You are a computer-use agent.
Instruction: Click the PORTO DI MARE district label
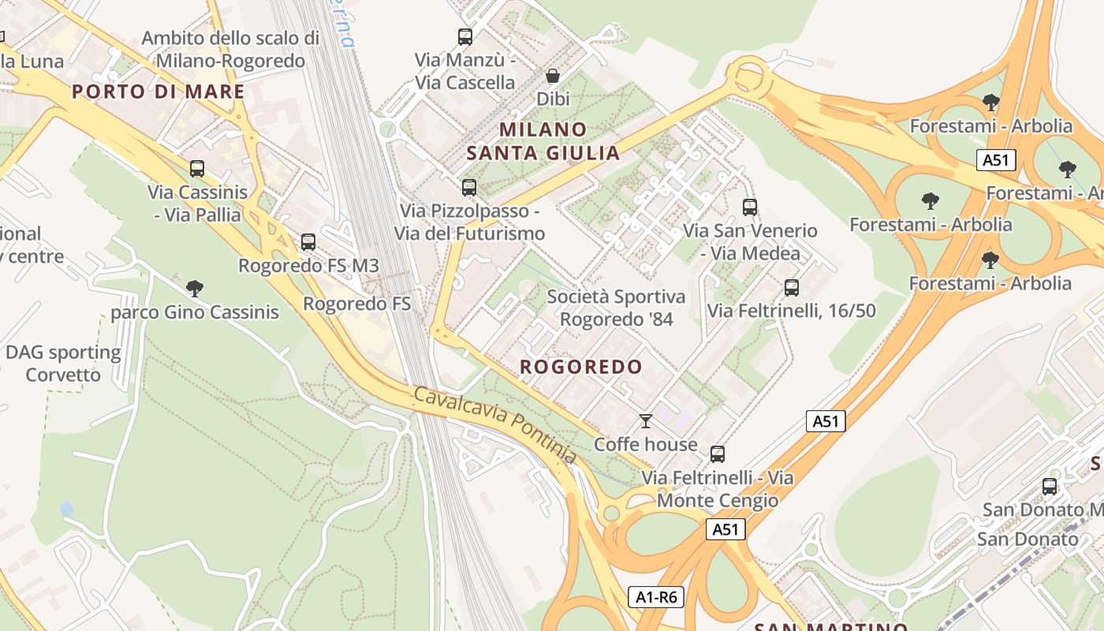[x=158, y=91]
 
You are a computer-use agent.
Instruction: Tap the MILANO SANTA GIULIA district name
[x=543, y=141]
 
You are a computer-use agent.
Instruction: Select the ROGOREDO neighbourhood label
[x=581, y=367]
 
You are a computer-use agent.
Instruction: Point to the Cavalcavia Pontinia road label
[x=494, y=424]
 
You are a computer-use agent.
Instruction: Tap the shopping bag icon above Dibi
[x=553, y=76]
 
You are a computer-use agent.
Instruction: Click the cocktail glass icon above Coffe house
[x=646, y=421]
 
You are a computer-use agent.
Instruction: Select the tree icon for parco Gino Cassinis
[x=195, y=289]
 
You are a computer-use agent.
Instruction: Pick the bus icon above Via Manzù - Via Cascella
[x=465, y=36]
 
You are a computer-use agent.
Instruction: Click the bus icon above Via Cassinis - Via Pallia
[x=197, y=169]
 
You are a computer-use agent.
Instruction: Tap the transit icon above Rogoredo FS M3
[x=308, y=242]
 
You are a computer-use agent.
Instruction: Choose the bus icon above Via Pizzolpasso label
[x=469, y=188]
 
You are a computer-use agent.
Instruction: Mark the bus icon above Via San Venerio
[x=750, y=207]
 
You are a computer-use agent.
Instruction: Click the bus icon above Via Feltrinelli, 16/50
[x=792, y=288]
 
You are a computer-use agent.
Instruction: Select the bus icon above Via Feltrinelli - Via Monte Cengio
[x=718, y=454]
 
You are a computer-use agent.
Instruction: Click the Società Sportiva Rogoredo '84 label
[x=616, y=308]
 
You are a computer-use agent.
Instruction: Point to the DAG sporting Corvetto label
[x=63, y=364]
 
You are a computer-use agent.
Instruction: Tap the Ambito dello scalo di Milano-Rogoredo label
[x=230, y=49]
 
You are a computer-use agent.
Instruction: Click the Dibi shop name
[x=553, y=99]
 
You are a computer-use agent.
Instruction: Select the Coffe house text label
[x=646, y=444]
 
